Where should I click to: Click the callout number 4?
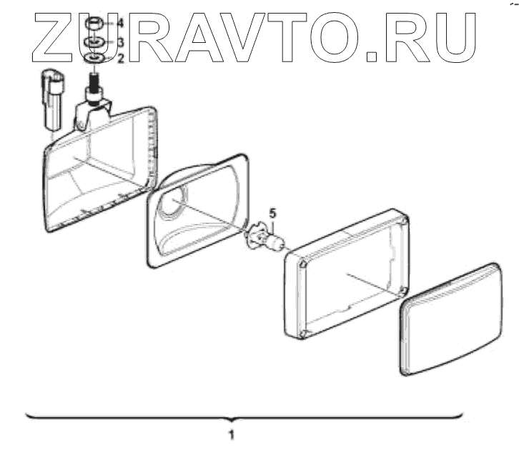tap(120, 24)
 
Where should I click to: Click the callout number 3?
tap(120, 41)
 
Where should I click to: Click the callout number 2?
tap(120, 59)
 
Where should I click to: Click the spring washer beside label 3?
tap(94, 43)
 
